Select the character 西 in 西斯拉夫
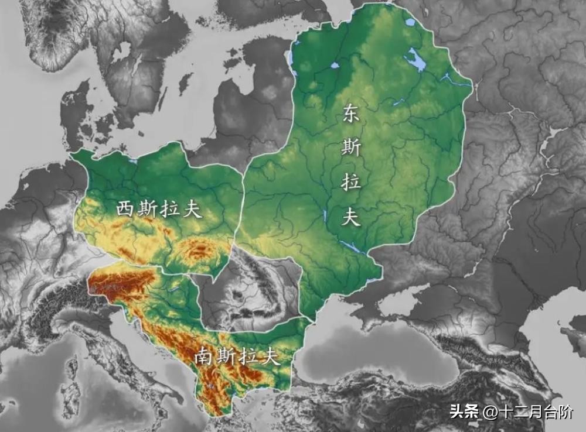125,209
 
